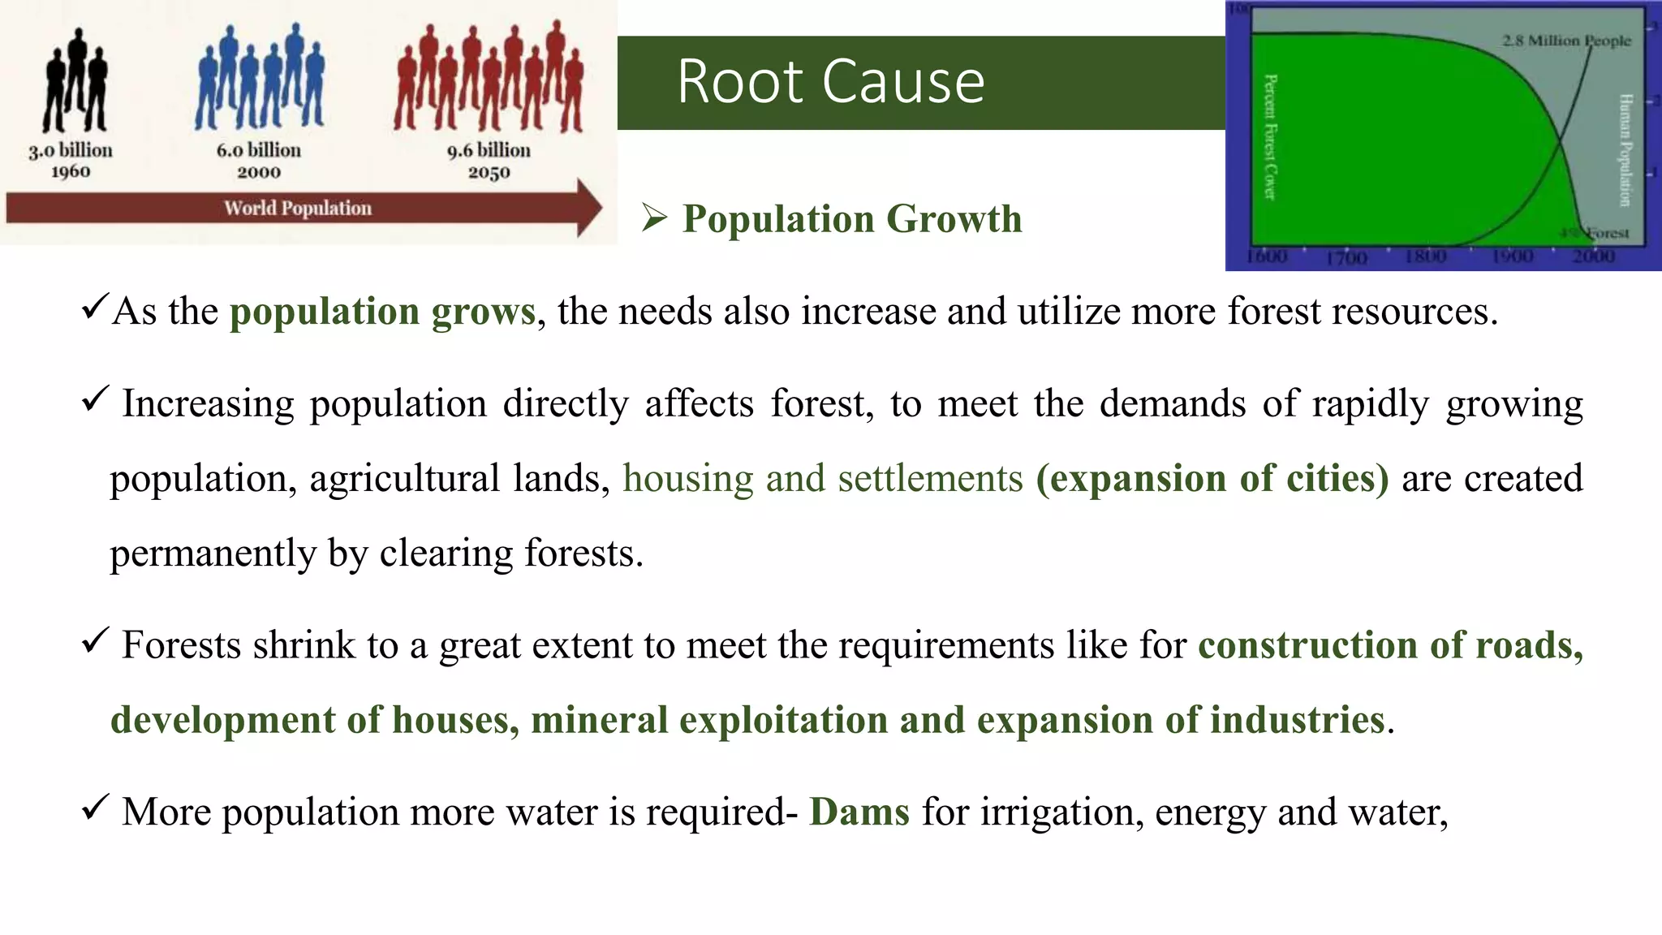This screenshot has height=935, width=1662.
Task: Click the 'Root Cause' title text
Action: [x=830, y=82]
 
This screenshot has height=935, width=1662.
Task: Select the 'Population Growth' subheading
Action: [x=851, y=219]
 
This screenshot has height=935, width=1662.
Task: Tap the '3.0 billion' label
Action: [x=71, y=151]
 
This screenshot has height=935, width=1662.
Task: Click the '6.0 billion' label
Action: [x=258, y=151]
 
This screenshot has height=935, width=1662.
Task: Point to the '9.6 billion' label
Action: [x=489, y=151]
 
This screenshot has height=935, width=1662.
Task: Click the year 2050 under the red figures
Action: [x=489, y=172]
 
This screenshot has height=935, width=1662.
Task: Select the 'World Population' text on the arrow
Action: [x=297, y=209]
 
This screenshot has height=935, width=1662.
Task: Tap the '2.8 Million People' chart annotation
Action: [x=1565, y=41]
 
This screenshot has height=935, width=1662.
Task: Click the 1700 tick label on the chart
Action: [x=1346, y=258]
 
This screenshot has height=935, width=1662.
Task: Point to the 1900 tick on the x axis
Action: [x=1513, y=256]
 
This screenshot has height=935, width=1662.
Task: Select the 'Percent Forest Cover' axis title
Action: [x=1271, y=137]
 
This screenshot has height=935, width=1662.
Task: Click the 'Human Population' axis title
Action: [x=1625, y=150]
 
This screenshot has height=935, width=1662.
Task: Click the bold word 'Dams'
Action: [x=859, y=812]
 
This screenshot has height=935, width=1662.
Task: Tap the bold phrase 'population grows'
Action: [x=382, y=312]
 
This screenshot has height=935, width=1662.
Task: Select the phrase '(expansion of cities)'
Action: [x=1212, y=478]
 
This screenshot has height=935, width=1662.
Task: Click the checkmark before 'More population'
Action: [x=95, y=808]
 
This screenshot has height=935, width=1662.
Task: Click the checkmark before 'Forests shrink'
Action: [x=95, y=641]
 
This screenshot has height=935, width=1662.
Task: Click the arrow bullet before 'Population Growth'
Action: [x=654, y=218]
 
